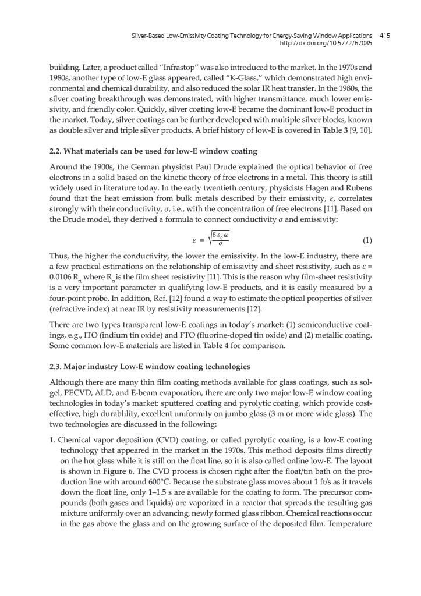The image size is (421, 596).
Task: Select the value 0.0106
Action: pyautogui.click(x=60, y=265)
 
